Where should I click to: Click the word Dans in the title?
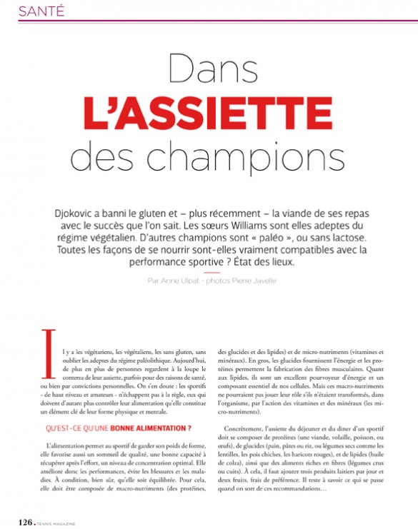coord(209,70)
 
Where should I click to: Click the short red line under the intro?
coord(209,271)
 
